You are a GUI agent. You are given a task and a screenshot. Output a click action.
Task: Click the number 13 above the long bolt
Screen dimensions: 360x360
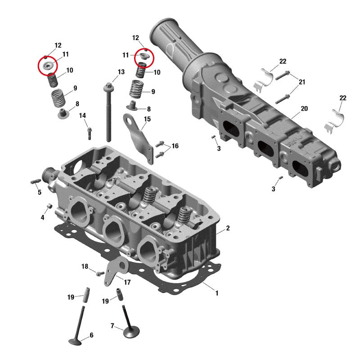pos(121,72)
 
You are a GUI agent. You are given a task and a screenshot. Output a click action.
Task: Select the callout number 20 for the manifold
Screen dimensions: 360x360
pos(304,108)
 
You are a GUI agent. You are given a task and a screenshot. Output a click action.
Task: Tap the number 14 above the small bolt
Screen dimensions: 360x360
pos(82,116)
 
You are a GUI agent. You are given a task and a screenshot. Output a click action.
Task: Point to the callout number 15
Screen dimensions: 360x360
pos(147,119)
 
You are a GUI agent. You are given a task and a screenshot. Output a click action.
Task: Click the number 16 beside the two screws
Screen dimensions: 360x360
pos(175,146)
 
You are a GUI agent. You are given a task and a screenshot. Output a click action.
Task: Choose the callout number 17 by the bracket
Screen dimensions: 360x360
pos(127,282)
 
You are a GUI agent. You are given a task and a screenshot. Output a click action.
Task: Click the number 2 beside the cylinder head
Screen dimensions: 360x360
pos(228,228)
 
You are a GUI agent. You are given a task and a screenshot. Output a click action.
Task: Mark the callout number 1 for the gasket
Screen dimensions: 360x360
pos(216,293)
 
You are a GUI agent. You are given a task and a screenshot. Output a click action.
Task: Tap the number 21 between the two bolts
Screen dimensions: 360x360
pos(302,82)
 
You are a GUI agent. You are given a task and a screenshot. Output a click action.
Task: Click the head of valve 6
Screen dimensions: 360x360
pos(75,342)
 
